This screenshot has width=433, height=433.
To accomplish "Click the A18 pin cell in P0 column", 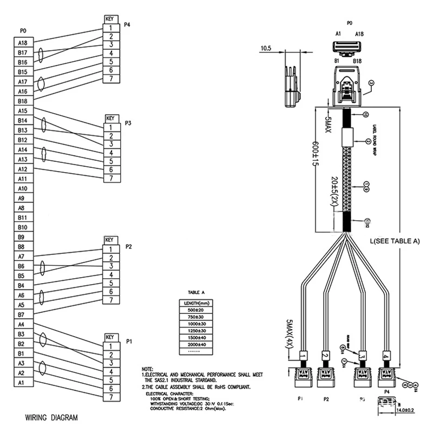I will (23, 43).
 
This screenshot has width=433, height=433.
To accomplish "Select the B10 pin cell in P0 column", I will (23, 227).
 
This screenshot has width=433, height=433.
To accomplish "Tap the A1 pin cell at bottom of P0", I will (23, 383).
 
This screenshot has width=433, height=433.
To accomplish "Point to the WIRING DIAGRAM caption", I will (51, 418).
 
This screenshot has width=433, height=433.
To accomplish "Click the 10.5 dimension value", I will (266, 49).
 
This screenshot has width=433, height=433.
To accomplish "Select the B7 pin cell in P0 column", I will (23, 314).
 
